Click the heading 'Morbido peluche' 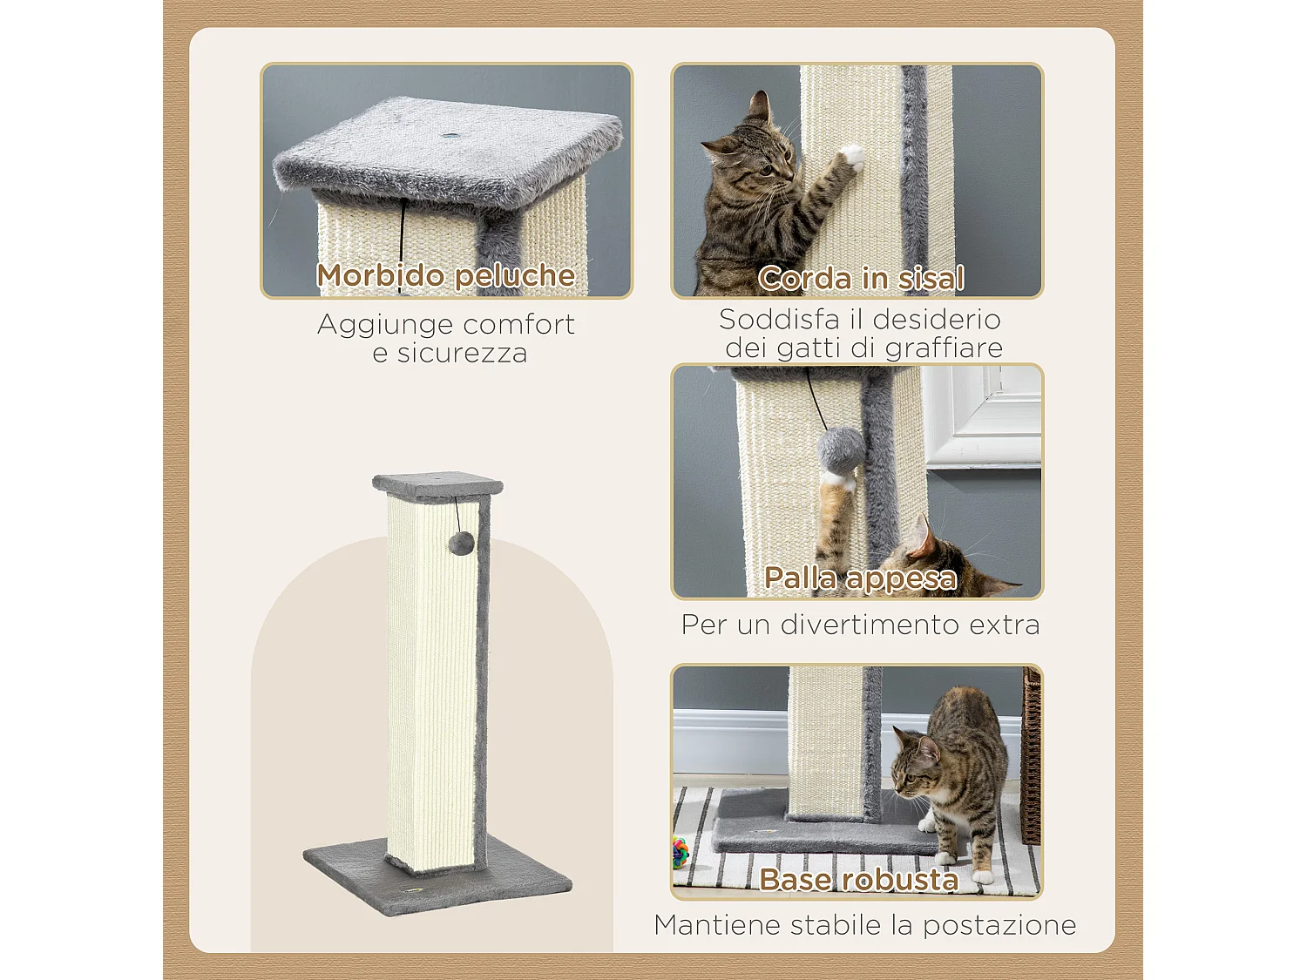coord(445,275)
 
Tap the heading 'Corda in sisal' coord(860,278)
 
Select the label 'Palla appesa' coord(860,578)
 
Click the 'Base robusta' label coord(858,879)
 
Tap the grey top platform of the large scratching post coord(437,483)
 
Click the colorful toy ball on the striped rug coord(680,851)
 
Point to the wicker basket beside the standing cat coord(1032,758)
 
